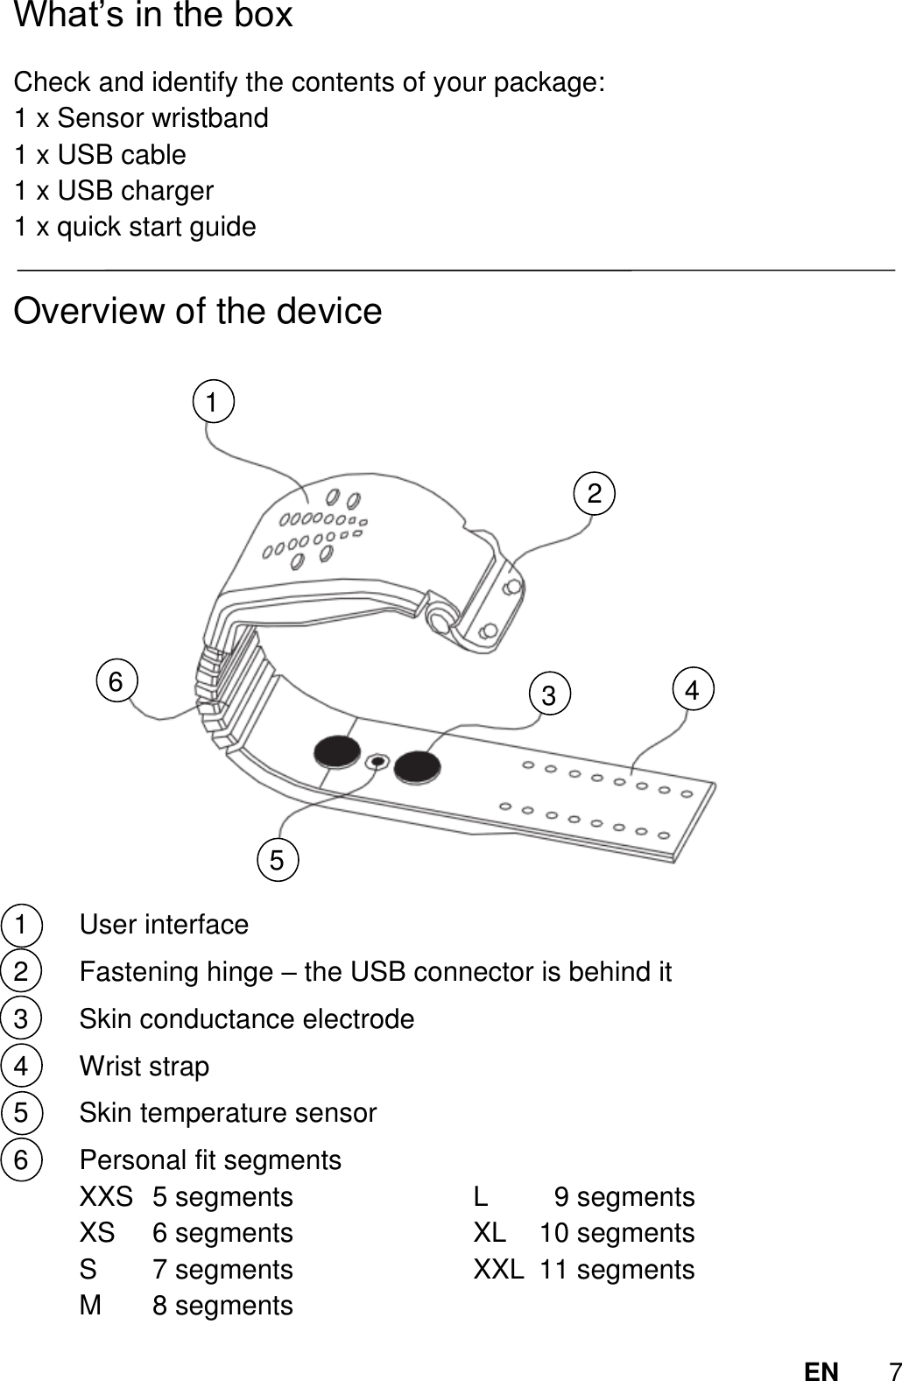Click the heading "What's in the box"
pyautogui.click(x=154, y=16)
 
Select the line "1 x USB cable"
pyautogui.click(x=101, y=155)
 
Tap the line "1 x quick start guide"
pyautogui.click(x=136, y=227)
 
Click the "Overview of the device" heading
pyautogui.click(x=199, y=311)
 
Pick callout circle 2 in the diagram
pyautogui.click(x=595, y=494)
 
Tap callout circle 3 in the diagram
pyautogui.click(x=549, y=696)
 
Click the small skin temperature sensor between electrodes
pyautogui.click(x=377, y=762)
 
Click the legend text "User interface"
pyautogui.click(x=164, y=925)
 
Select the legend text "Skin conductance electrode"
pyautogui.click(x=247, y=1019)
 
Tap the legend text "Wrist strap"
pyautogui.click(x=144, y=1067)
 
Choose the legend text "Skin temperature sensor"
pyautogui.click(x=228, y=1113)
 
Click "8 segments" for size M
pyautogui.click(x=222, y=1306)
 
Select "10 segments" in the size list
pyautogui.click(x=617, y=1233)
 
